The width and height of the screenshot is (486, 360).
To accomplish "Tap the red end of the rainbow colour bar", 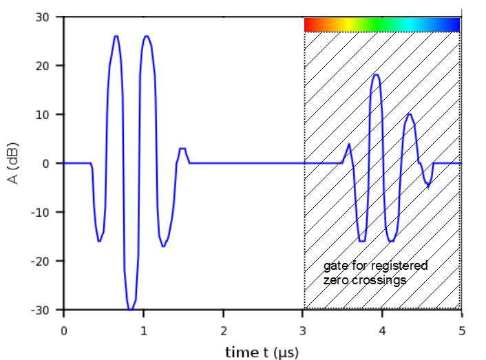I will [309, 25].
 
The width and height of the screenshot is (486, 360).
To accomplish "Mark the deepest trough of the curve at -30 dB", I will [130, 309].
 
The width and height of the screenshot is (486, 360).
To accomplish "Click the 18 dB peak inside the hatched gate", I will [375, 75].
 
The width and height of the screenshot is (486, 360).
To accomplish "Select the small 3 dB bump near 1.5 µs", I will [182, 149].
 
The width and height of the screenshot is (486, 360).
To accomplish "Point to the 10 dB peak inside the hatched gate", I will [410, 114].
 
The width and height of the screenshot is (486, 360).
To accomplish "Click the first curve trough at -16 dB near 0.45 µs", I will [100, 240].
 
